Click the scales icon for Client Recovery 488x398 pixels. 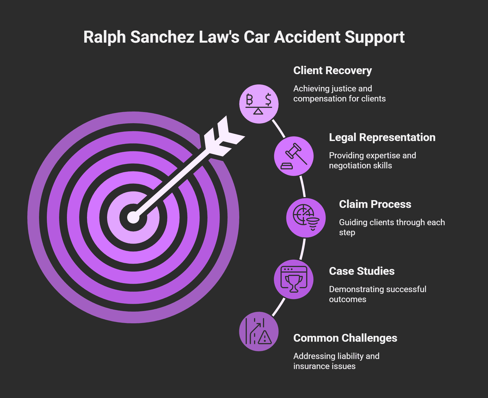[259, 104]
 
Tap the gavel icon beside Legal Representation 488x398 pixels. [294, 156]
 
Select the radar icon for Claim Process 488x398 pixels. [306, 218]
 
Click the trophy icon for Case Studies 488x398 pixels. [294, 280]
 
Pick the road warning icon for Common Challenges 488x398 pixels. [259, 331]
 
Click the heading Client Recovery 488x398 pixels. [332, 71]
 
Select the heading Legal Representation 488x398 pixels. [382, 137]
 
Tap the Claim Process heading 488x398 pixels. [375, 204]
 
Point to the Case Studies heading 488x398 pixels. [361, 271]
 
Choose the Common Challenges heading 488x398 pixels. [345, 338]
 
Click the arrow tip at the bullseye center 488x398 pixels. [133, 217]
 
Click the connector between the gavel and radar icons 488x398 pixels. [303, 187]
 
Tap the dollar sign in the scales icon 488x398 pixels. [268, 99]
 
